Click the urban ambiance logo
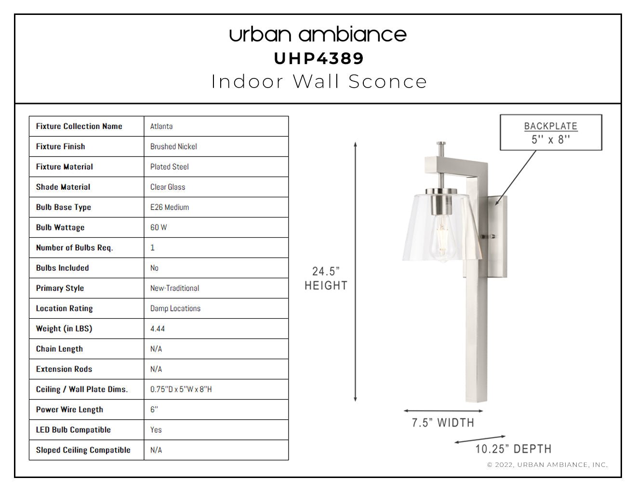(x=318, y=35)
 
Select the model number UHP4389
(x=319, y=59)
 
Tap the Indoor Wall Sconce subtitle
(x=319, y=81)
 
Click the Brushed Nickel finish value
(x=173, y=146)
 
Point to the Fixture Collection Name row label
(x=79, y=126)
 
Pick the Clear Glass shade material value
(x=168, y=187)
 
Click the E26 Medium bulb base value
(x=170, y=207)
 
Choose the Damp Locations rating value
(x=175, y=308)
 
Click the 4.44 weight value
(x=158, y=329)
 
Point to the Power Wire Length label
(x=69, y=410)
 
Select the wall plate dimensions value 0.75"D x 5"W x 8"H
(x=181, y=389)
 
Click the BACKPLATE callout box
(x=551, y=132)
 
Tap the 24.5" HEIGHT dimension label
(x=326, y=278)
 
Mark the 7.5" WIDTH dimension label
(x=443, y=423)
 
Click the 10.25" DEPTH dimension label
(x=513, y=449)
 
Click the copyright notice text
(x=547, y=465)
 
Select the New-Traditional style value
(x=174, y=288)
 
